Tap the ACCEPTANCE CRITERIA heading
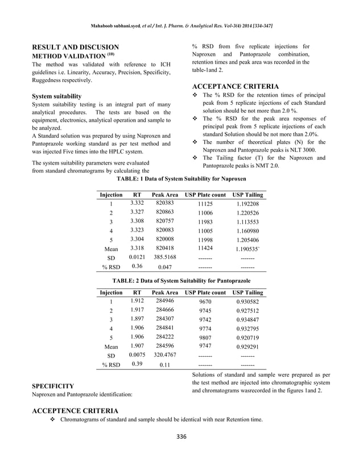click(235, 86)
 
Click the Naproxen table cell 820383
click(164, 203)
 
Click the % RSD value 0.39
click(137, 364)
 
